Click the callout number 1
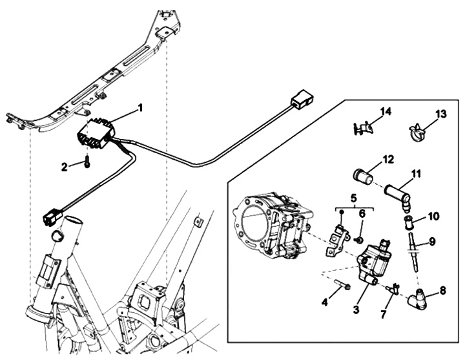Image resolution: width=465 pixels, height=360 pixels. pyautogui.click(x=140, y=108)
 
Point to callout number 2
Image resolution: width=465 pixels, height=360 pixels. pyautogui.click(x=65, y=167)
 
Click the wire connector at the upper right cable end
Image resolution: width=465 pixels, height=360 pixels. pyautogui.click(x=302, y=98)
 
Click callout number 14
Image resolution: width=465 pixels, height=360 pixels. pyautogui.click(x=386, y=112)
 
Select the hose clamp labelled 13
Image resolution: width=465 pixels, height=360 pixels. pyautogui.click(x=417, y=132)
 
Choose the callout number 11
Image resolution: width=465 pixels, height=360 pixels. pyautogui.click(x=416, y=174)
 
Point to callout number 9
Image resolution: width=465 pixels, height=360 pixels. pyautogui.click(x=432, y=242)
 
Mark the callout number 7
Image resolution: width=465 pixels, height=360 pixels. pyautogui.click(x=383, y=315)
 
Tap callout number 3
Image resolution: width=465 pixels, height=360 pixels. pyautogui.click(x=356, y=309)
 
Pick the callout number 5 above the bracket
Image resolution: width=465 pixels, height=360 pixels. pyautogui.click(x=353, y=198)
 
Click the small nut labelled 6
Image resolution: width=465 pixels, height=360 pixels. pyautogui.click(x=358, y=238)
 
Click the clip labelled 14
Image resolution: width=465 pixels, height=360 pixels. pyautogui.click(x=363, y=129)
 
